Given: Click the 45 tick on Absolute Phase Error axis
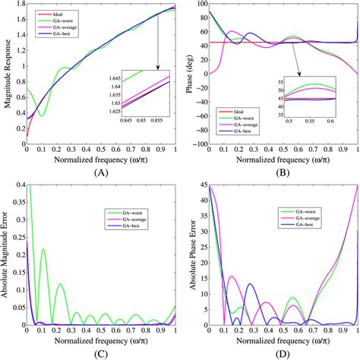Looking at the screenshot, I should point(202,185).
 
